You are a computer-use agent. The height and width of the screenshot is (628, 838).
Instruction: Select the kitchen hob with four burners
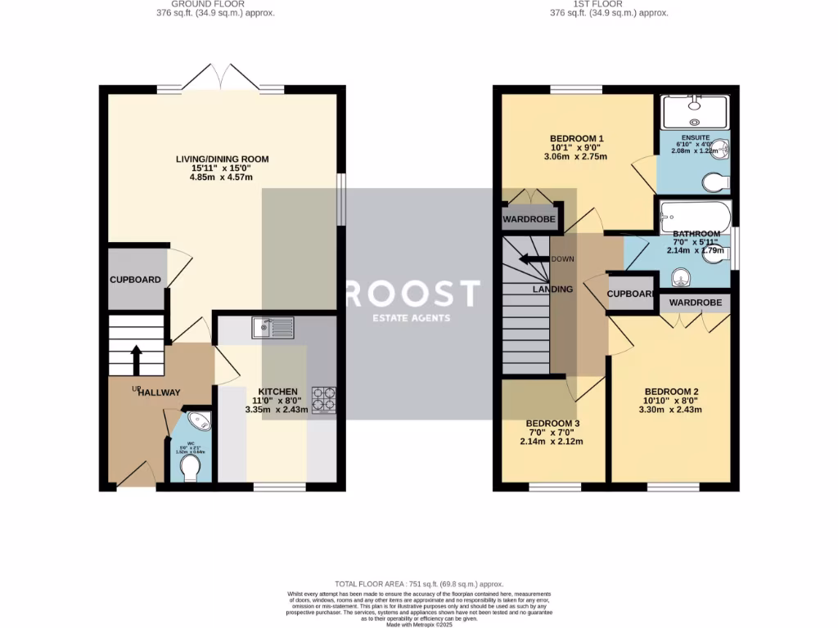(x=322, y=400)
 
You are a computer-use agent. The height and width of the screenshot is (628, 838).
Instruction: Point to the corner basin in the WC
(x=200, y=422)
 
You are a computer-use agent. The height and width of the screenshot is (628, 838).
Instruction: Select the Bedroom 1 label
(x=577, y=138)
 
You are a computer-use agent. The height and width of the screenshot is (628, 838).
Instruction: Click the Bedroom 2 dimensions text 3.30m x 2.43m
(x=670, y=410)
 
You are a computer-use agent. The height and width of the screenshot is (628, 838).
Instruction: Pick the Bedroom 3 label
(x=552, y=424)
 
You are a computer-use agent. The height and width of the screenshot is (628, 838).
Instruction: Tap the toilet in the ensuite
(x=714, y=180)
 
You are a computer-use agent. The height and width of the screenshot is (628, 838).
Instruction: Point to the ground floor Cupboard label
(x=136, y=280)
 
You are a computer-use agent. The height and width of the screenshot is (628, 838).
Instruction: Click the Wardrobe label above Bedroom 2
(x=696, y=303)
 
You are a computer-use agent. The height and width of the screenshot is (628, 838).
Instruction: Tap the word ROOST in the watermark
(x=412, y=294)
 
